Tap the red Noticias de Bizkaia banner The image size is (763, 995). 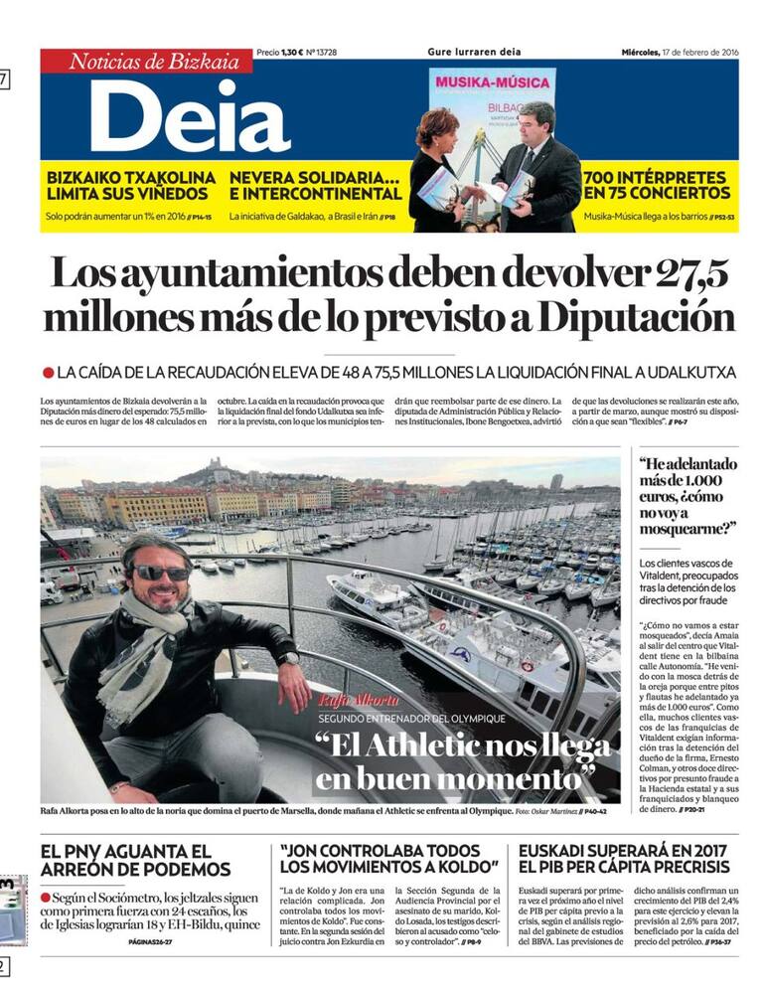pos(146,62)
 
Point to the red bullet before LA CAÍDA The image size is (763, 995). pos(48,373)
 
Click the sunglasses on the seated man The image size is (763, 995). pos(159,574)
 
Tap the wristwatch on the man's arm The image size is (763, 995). pos(288,658)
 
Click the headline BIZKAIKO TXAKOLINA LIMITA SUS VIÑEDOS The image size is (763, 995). pos(130,186)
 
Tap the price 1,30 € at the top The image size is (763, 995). pos(291,52)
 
